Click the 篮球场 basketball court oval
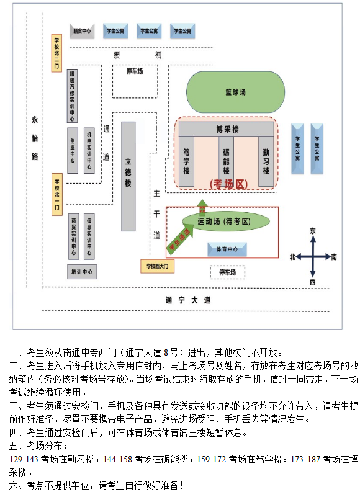[x=235, y=92]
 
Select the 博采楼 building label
[x=227, y=129]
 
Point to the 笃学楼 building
[x=187, y=161]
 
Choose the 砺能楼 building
[x=227, y=161]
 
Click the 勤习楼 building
[x=266, y=161]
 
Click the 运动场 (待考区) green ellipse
[x=225, y=221]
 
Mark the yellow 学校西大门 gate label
[x=158, y=266]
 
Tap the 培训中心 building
[x=81, y=271]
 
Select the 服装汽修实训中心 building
[x=73, y=96]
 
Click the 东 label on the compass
[x=313, y=231]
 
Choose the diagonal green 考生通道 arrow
[x=181, y=238]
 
